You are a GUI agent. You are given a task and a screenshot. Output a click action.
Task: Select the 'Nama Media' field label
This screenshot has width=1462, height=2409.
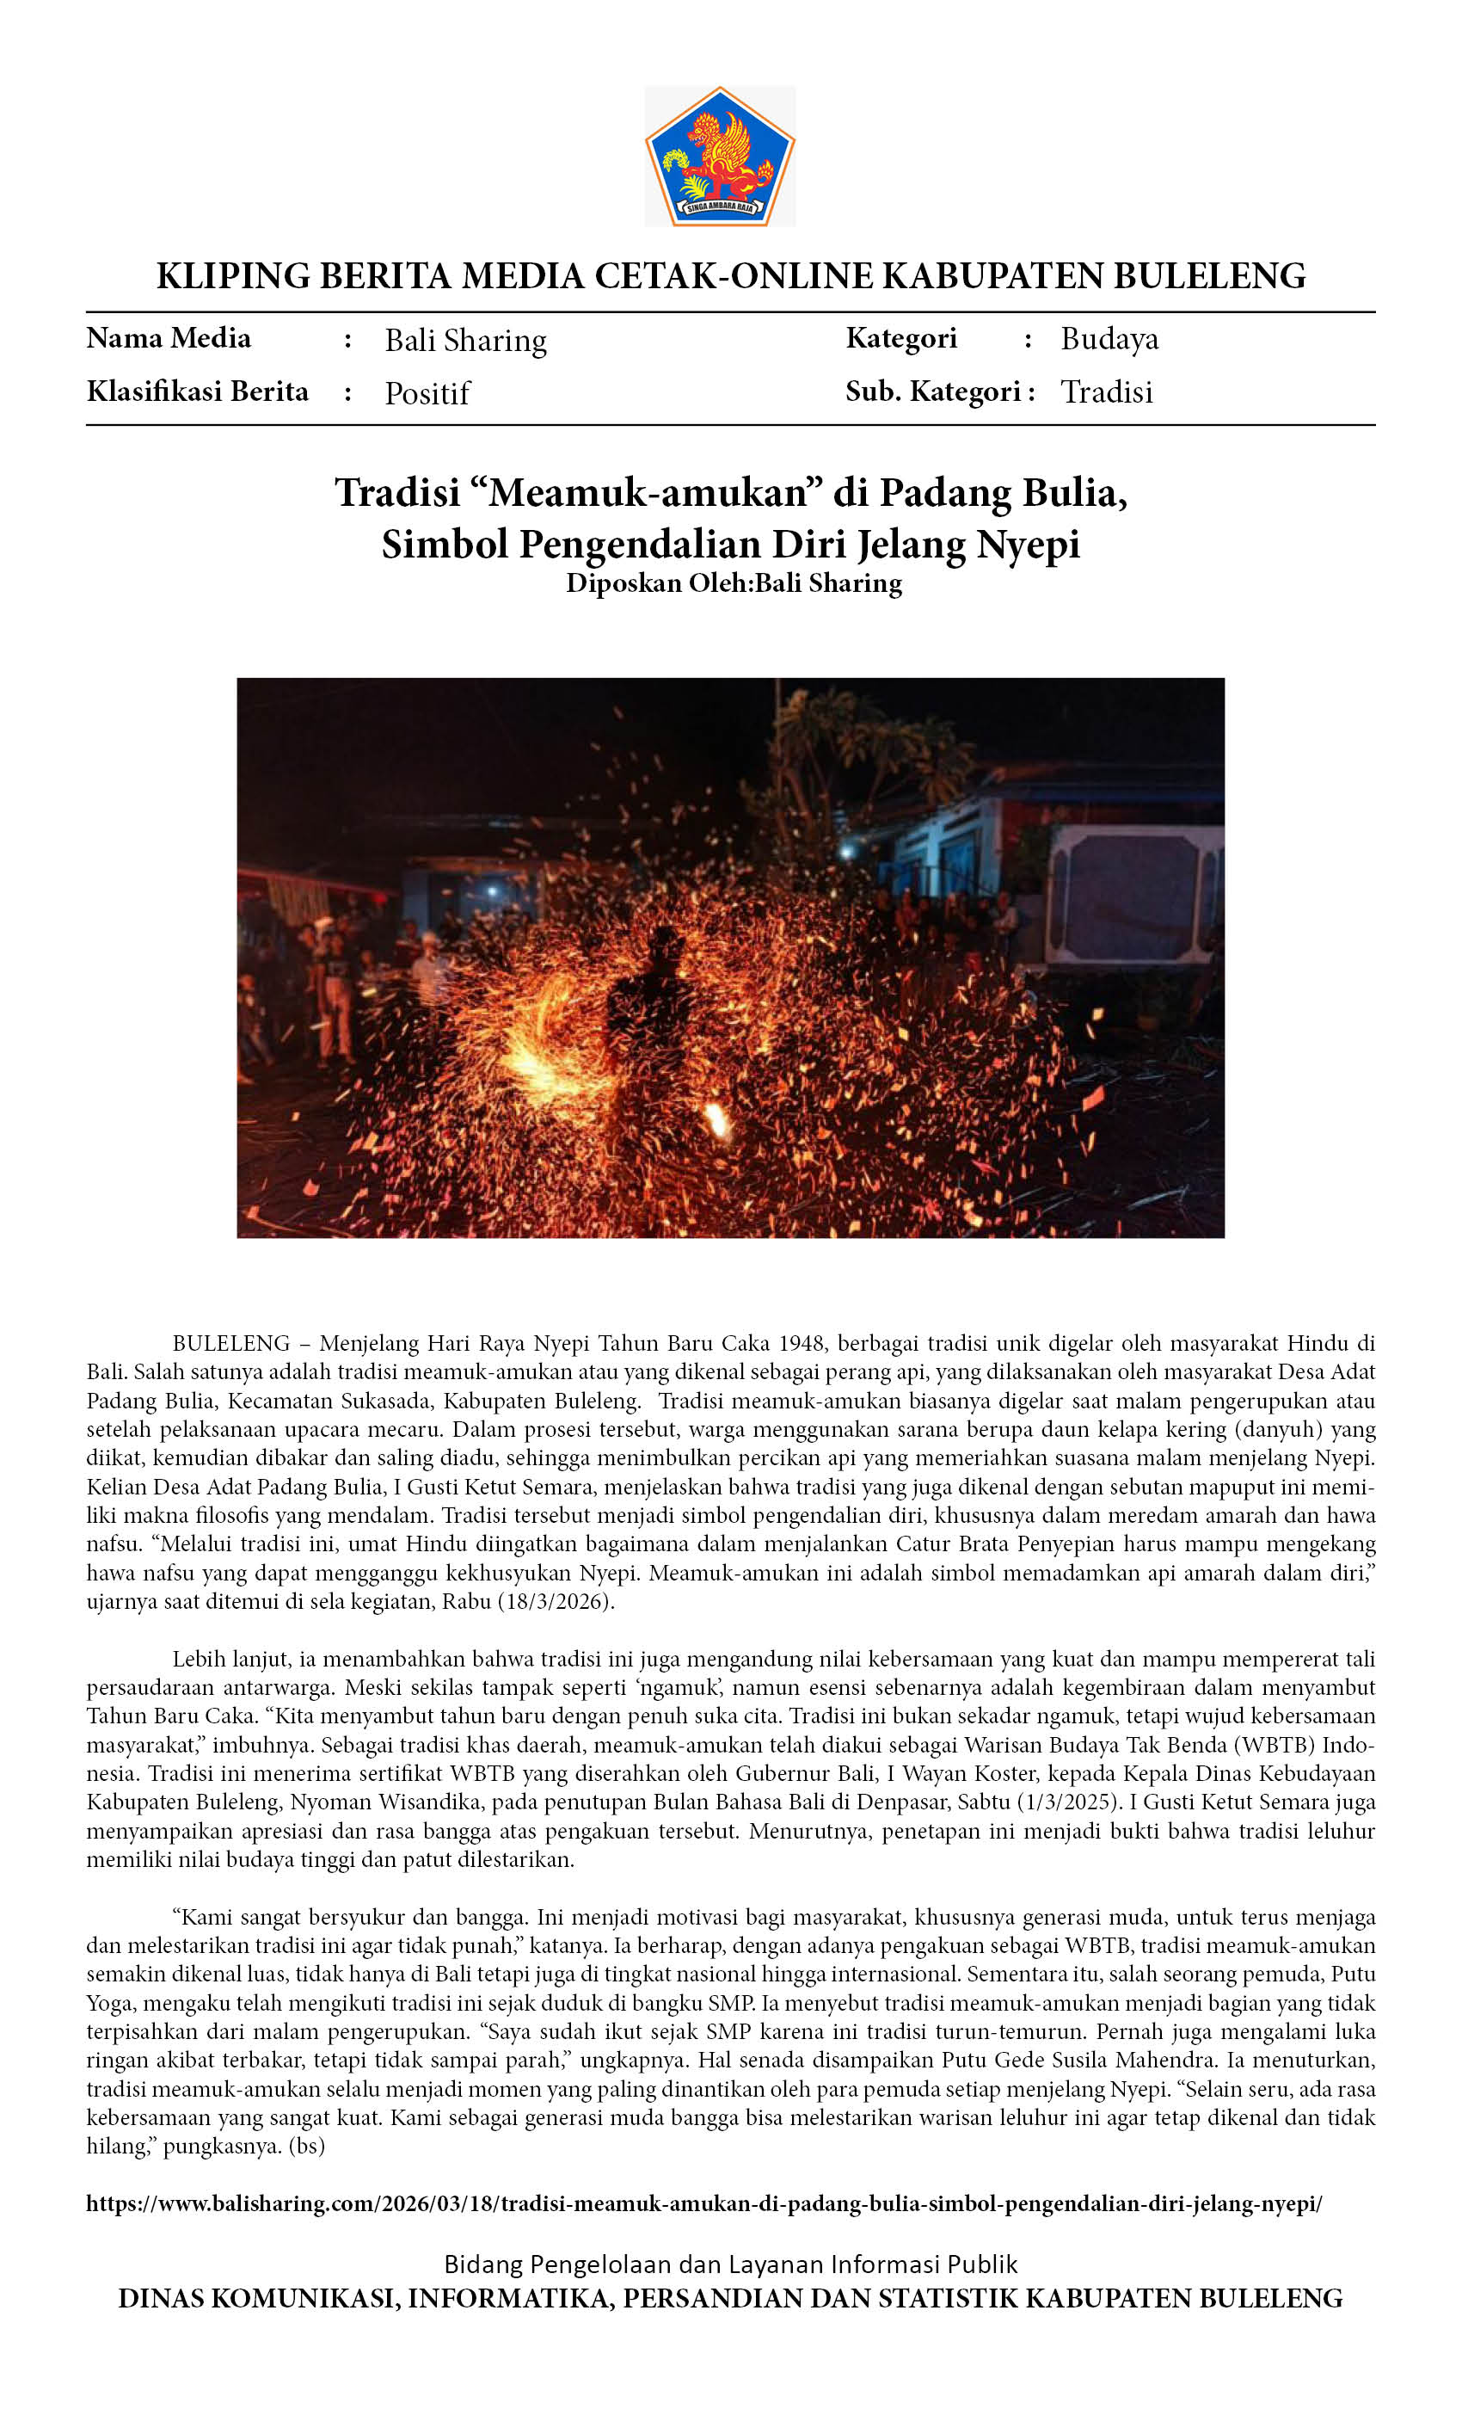[168, 338]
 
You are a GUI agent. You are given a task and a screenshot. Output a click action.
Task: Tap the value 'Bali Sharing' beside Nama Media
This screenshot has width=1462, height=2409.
[465, 340]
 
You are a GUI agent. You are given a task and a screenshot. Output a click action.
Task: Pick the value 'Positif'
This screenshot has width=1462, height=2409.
[427, 393]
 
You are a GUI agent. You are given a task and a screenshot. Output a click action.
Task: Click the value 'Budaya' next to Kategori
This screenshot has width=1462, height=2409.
[1109, 338]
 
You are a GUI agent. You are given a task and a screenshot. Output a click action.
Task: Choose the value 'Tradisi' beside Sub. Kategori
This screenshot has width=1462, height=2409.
[1106, 392]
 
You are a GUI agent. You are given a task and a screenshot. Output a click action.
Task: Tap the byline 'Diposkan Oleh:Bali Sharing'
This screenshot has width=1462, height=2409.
[733, 583]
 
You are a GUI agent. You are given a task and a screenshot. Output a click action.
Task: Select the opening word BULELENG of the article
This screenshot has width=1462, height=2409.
[230, 1343]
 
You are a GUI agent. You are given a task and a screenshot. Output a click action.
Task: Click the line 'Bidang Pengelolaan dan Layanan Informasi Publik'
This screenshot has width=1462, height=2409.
[730, 2264]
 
